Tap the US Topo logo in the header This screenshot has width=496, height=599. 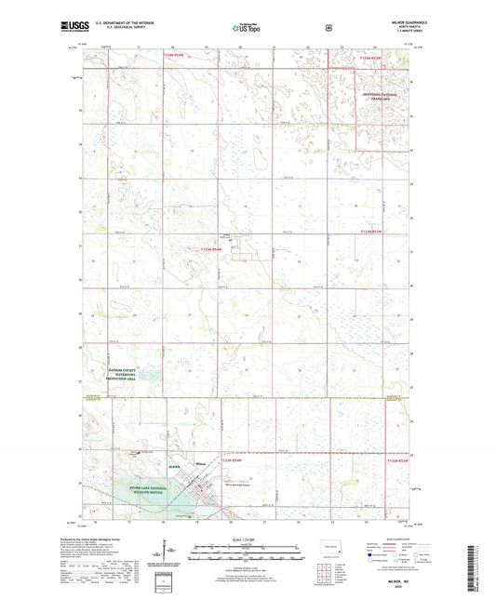[246, 29]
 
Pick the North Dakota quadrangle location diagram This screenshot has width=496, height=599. [328, 548]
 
